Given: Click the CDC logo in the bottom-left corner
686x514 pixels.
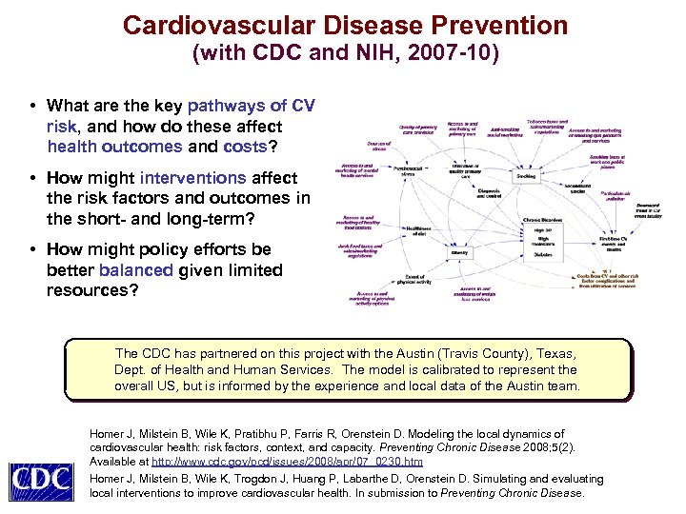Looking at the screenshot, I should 41,479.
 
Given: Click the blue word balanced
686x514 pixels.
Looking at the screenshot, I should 133,269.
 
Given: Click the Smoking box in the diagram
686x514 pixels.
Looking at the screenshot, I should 526,177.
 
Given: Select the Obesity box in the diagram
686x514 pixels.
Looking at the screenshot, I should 459,253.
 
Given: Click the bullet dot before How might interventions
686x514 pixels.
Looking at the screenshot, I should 32,179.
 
